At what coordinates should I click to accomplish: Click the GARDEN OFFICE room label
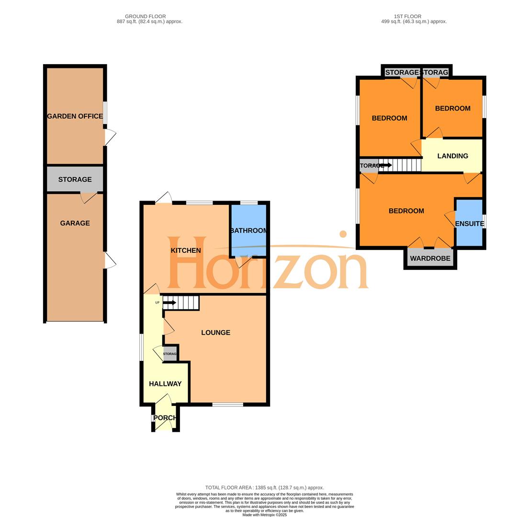tap(75, 116)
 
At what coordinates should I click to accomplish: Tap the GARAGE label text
tap(75, 223)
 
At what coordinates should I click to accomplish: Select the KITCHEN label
tap(186, 250)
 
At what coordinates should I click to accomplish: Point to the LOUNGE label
tap(215, 332)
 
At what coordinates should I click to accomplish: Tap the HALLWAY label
tap(165, 383)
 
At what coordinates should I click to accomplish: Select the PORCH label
tap(165, 417)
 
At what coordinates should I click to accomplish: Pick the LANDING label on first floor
tap(452, 156)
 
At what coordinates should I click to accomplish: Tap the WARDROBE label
tap(430, 258)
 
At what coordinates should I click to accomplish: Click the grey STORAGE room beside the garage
tap(75, 179)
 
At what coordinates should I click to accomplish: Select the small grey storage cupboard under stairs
tap(170, 354)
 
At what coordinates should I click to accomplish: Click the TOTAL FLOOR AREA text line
tap(264, 487)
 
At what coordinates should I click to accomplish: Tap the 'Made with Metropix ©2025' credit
tap(264, 515)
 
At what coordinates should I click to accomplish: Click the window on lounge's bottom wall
tap(228, 405)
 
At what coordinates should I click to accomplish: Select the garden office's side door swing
tap(110, 137)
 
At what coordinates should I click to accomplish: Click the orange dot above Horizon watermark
tap(343, 234)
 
